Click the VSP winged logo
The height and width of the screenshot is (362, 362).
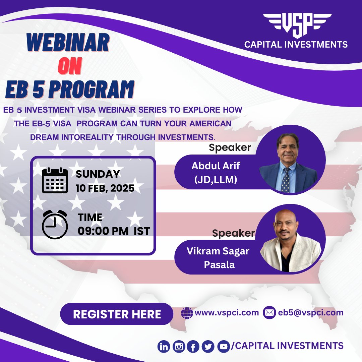297,25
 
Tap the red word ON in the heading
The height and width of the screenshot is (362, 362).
69,67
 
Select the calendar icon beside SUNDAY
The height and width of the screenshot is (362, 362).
55,181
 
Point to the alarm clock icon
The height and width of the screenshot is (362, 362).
55,225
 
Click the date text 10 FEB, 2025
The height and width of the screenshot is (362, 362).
105,188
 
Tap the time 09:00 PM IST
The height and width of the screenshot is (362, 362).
114,231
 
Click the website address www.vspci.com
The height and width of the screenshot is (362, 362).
227,313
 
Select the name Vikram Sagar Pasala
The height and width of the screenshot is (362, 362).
218,258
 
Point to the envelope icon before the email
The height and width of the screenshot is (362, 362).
269,313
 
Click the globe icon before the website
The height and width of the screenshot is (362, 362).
187,313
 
